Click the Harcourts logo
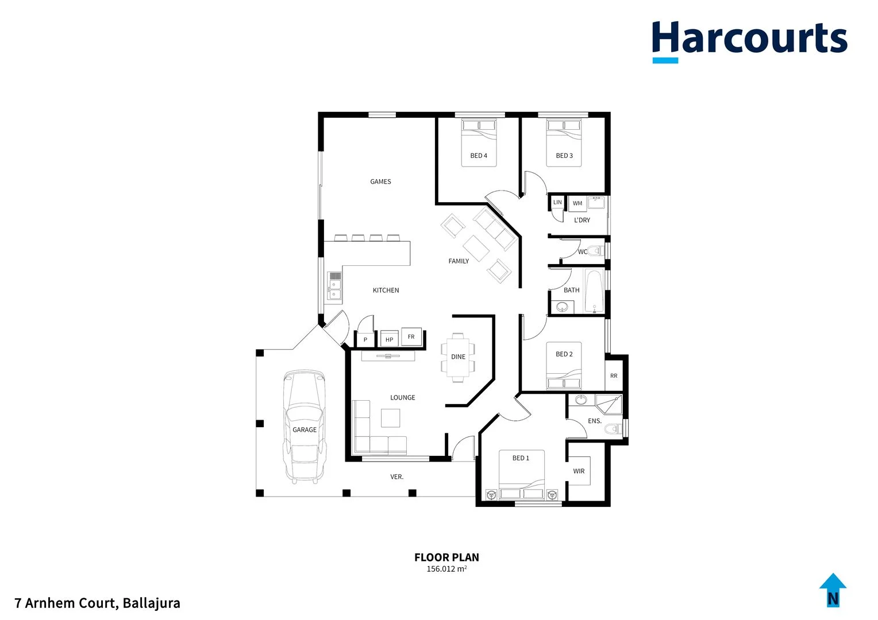pos(749,40)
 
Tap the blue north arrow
pos(833,590)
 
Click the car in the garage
pos(305,425)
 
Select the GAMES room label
pos(380,181)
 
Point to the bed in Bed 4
pos(479,143)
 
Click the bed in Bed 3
pos(564,143)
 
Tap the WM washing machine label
pos(577,203)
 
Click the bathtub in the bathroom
pos(594,291)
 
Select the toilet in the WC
pos(598,251)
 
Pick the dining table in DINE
pos(458,357)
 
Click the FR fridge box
pos(411,337)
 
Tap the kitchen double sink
pos(334,286)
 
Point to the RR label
pos(614,376)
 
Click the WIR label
pos(579,471)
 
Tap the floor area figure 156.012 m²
pos(446,569)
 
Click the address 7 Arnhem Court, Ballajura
pos(98,603)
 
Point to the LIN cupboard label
pos(557,202)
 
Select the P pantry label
pos(365,340)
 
